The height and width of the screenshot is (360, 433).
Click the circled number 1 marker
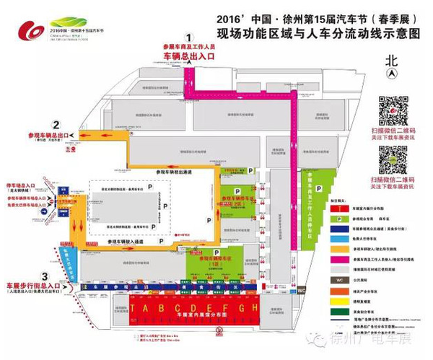click(189, 38)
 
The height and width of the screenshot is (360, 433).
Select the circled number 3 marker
click(45, 276)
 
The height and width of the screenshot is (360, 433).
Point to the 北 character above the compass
click(391, 60)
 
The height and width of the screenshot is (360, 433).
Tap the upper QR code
click(393, 110)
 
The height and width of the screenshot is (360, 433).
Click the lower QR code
click(393, 159)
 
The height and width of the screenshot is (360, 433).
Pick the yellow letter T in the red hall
click(144, 309)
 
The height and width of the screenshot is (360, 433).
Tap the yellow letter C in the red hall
click(175, 309)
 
